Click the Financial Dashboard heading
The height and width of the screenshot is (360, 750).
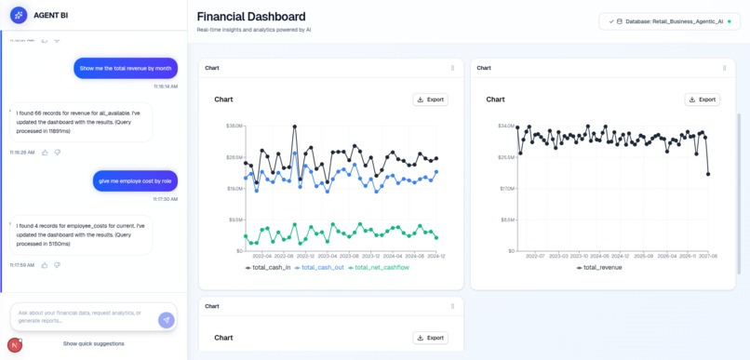tap(251, 17)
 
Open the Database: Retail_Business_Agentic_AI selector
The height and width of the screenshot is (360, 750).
tap(669, 21)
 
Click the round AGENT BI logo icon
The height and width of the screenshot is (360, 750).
tap(19, 16)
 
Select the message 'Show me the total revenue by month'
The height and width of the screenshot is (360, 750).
tap(126, 68)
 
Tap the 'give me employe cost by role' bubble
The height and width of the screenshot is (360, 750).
tap(135, 180)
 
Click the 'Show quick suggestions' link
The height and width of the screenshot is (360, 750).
tap(93, 343)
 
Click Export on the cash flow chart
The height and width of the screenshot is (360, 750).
tap(430, 100)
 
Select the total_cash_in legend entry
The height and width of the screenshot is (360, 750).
tap(268, 268)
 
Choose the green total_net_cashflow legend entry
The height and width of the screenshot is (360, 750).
tap(382, 268)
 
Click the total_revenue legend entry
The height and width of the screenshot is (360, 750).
tap(599, 268)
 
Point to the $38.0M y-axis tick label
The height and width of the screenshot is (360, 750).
tap(234, 126)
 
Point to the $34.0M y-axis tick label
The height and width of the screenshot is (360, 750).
tap(506, 126)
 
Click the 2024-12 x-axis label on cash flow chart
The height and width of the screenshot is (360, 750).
tap(436, 256)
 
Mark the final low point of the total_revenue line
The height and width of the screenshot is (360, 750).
tap(708, 174)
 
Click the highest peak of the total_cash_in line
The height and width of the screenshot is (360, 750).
tap(295, 127)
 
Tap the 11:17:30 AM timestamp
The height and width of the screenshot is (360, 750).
tap(165, 199)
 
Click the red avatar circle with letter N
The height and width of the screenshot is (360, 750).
tap(15, 344)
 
